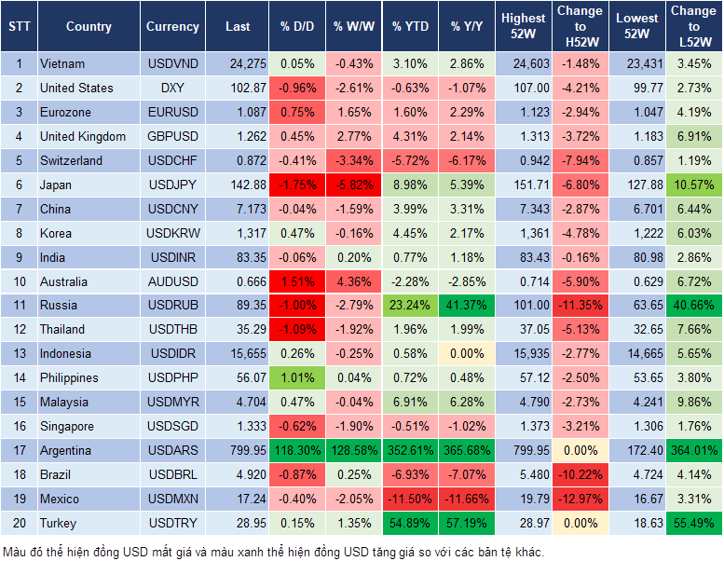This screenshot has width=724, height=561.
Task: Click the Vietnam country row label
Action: pos(62,63)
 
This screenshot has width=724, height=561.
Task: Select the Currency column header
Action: pos(172,27)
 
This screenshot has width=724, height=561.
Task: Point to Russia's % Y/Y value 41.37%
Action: pos(468,305)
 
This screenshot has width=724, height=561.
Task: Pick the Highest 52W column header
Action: pos(523,27)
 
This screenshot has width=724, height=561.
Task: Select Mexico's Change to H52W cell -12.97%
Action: pos(581,499)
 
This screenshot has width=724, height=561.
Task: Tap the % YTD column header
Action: pos(410,27)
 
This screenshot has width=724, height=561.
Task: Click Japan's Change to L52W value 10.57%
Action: pos(693,185)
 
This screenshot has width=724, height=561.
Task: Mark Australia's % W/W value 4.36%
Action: pos(353,280)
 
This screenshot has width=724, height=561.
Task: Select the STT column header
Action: pos(18,27)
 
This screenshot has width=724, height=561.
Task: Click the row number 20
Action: pos(18,523)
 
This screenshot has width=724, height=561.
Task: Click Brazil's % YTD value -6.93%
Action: pos(410,474)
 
